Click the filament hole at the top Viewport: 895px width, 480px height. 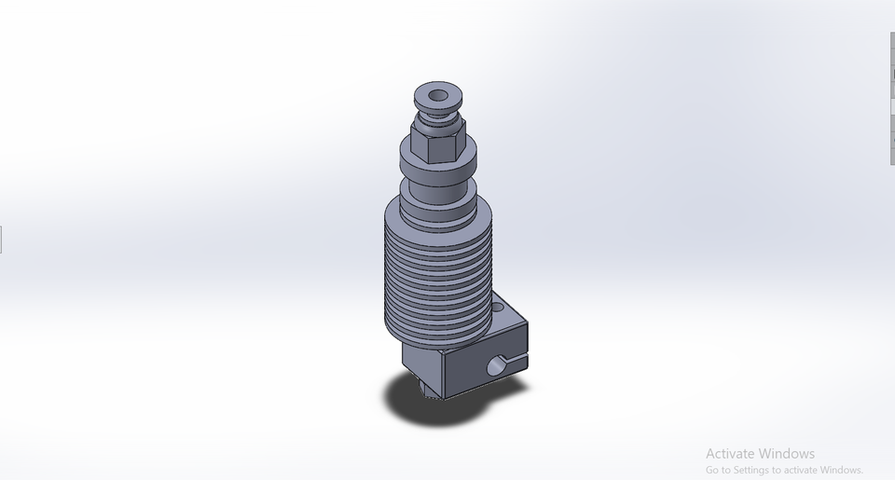point(437,93)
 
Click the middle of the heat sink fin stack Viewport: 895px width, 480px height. point(436,270)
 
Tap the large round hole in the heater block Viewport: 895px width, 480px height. point(500,366)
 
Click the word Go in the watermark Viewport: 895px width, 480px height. point(712,471)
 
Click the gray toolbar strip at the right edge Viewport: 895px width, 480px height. point(892,93)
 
